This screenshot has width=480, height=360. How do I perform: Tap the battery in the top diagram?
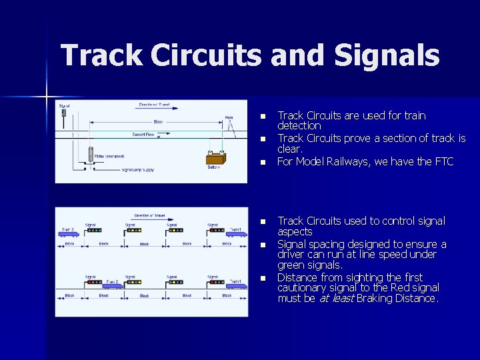coord(215,159)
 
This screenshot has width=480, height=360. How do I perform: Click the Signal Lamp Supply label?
coord(138,170)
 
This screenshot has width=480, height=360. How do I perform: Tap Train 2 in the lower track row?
coord(112,285)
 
